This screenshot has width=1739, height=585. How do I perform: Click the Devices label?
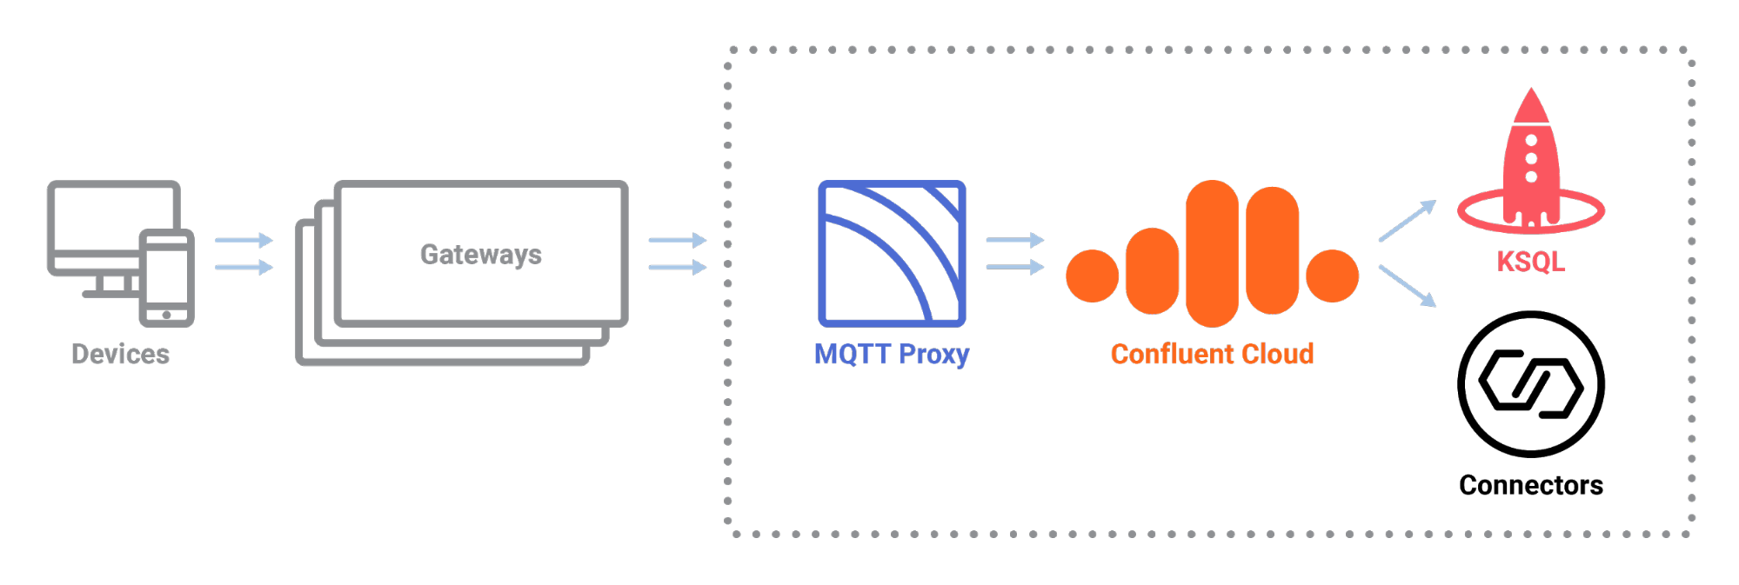coord(120,354)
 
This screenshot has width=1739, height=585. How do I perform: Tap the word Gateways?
coord(481,254)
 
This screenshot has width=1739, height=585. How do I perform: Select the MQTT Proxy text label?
coord(891,355)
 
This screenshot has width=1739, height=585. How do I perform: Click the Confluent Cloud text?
coord(1212,354)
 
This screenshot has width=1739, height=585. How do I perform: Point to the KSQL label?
coord(1530,261)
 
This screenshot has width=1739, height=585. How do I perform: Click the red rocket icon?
coord(1531,165)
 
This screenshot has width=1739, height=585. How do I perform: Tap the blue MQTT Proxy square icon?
coord(892,253)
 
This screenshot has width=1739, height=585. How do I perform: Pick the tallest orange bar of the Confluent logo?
coord(1212,253)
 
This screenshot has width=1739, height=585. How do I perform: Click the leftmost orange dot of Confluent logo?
coord(1093,276)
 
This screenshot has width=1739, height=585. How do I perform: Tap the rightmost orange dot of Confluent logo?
coord(1332,276)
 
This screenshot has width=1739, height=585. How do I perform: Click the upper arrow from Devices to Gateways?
coord(244,240)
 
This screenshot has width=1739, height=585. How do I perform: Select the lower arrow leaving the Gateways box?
coord(677,268)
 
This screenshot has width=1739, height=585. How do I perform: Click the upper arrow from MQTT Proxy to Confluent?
coord(1014,240)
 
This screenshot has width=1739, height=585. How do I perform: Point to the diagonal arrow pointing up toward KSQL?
coord(1407,221)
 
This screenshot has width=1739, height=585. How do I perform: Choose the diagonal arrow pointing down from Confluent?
coord(1407,286)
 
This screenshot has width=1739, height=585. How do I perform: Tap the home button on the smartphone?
coord(167,315)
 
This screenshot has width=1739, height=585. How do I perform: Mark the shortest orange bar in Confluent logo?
coord(1153,270)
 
